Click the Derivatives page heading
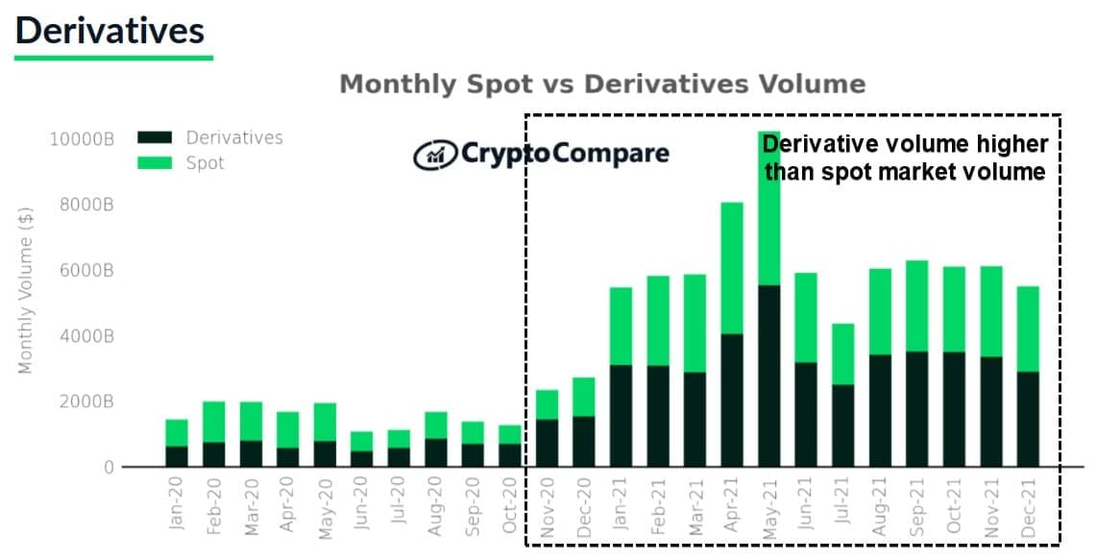pyautogui.click(x=110, y=31)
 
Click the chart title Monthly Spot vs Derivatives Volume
pyautogui.click(x=602, y=85)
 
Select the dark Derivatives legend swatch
pyautogui.click(x=154, y=137)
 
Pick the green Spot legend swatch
pyautogui.click(x=154, y=163)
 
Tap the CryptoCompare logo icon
pyautogui.click(x=434, y=154)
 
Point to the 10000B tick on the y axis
pyautogui.click(x=82, y=138)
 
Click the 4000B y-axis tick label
pyautogui.click(x=85, y=336)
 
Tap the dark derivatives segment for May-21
pyautogui.click(x=768, y=376)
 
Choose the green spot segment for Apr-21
pyautogui.click(x=732, y=268)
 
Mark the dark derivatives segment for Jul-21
pyautogui.click(x=842, y=426)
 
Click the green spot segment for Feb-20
pyautogui.click(x=214, y=422)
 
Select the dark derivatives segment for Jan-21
pyautogui.click(x=621, y=416)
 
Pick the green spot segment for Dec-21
pyautogui.click(x=1028, y=329)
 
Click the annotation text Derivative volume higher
pyautogui.click(x=904, y=145)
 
